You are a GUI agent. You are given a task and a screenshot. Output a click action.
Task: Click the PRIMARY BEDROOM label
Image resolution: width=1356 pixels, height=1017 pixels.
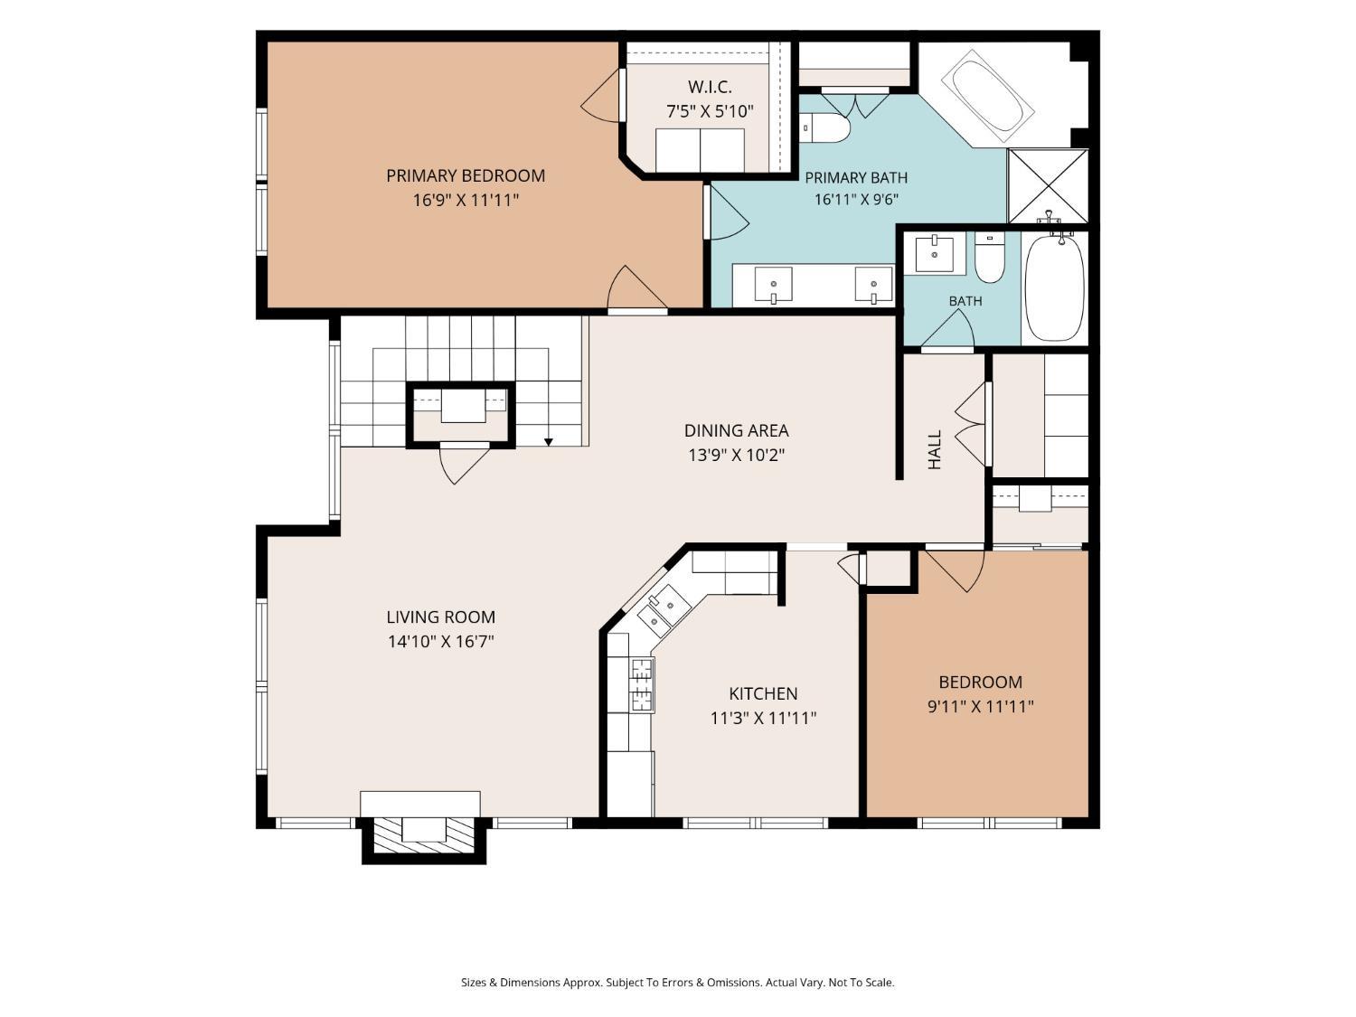click(466, 176)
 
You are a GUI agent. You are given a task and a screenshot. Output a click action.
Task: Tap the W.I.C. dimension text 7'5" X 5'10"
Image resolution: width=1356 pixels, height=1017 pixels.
click(710, 112)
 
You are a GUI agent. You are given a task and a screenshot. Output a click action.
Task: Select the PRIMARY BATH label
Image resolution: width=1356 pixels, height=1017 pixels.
click(855, 178)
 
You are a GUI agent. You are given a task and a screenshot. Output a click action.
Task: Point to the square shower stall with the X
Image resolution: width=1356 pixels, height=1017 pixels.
click(1047, 186)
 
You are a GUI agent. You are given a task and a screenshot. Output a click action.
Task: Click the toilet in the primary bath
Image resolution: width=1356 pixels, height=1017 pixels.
click(824, 127)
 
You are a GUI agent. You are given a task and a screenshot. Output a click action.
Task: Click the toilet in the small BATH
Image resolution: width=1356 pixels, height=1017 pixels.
click(990, 257)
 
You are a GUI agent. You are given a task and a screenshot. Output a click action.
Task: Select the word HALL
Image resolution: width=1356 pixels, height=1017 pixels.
click(935, 449)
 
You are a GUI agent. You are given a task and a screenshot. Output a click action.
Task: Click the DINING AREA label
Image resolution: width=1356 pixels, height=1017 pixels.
click(737, 430)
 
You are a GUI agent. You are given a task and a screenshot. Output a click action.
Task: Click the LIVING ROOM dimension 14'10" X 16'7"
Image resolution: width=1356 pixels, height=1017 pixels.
click(441, 642)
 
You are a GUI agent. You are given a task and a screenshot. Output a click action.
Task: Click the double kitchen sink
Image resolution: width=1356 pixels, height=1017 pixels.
click(664, 610)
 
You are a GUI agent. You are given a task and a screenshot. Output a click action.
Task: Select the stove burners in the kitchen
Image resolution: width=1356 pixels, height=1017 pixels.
click(642, 685)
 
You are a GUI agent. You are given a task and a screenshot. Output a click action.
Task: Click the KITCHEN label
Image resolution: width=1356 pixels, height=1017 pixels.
click(763, 693)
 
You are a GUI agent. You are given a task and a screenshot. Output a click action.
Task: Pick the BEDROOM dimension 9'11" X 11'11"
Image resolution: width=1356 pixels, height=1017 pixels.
click(981, 706)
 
